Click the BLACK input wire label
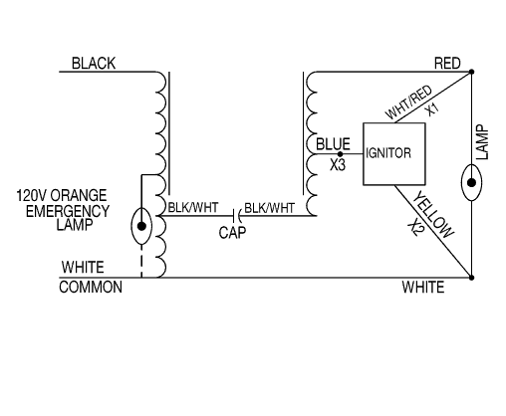(x=94, y=64)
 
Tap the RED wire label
(x=447, y=63)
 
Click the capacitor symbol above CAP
(x=236, y=216)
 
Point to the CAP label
(x=232, y=233)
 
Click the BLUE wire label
(x=333, y=144)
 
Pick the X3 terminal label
(x=338, y=165)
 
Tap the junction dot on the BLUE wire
(x=340, y=154)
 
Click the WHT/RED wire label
(x=408, y=103)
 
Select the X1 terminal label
(x=432, y=109)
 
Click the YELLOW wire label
(x=432, y=214)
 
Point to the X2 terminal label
(x=415, y=228)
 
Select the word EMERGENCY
(x=68, y=211)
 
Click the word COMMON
(x=91, y=287)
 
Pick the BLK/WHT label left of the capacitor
(x=193, y=208)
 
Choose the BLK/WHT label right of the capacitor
(x=269, y=208)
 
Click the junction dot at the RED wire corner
(x=471, y=72)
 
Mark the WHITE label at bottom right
(x=423, y=287)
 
